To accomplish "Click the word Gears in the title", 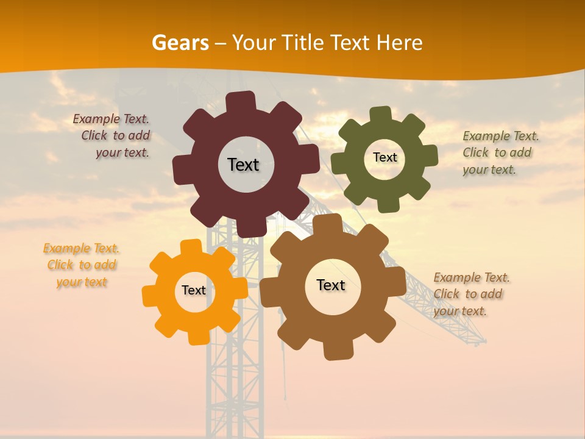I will tap(180, 43).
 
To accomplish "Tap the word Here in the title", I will tap(399, 43).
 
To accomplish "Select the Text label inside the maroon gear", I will tap(243, 165).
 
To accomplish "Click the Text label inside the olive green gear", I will tap(385, 157).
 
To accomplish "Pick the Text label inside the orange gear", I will tap(194, 290).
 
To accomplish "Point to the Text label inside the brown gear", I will tap(331, 285).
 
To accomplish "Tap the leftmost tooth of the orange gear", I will tap(150, 296).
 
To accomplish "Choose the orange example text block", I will tap(81, 265).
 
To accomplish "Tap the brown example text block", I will tap(470, 294).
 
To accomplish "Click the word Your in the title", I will tap(254, 43).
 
